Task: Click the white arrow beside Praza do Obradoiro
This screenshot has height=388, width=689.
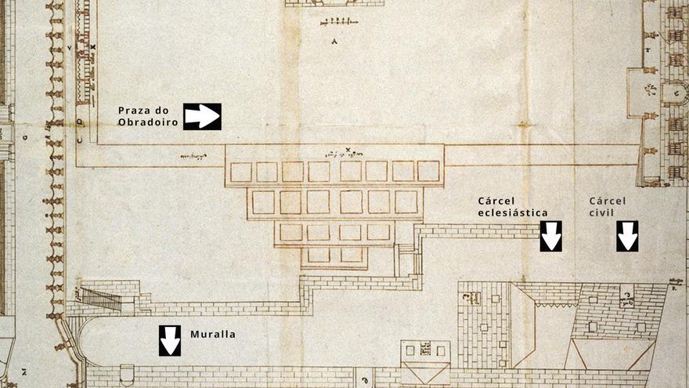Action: pos(202,116)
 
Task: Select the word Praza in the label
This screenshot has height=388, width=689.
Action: pos(134,109)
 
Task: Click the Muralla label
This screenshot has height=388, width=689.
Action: pos(213,334)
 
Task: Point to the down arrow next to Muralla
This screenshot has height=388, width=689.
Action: pos(170,340)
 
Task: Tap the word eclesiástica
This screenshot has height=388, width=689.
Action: pos(512,212)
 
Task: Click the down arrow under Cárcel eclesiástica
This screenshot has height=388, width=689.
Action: pos(551,236)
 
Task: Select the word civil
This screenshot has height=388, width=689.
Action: pos(604,212)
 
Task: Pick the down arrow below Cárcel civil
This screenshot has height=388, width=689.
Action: pos(627,236)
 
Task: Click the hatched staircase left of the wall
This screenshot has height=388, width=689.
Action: pos(97,299)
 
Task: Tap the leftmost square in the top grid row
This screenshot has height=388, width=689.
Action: pos(241,172)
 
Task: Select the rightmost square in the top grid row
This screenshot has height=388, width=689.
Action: pos(428,171)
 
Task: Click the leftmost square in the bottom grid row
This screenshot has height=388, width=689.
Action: pos(319,256)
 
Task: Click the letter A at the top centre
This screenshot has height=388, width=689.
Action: pos(334,41)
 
